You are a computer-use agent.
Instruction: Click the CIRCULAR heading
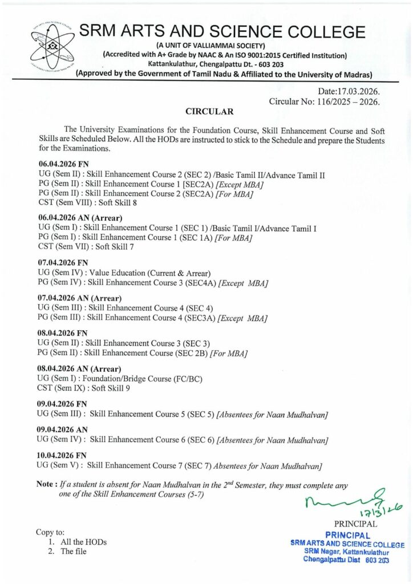click(x=209, y=111)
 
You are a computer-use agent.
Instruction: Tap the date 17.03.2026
click(x=359, y=91)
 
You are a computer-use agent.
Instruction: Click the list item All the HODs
click(x=83, y=542)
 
